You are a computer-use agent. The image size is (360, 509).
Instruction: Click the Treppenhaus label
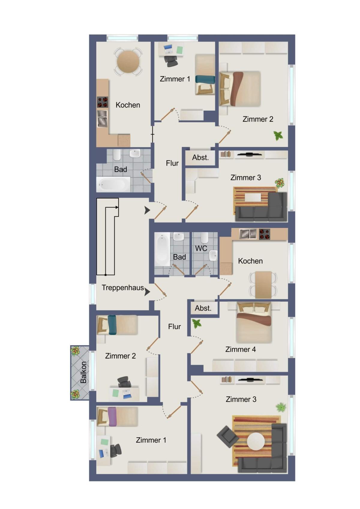click(123, 288)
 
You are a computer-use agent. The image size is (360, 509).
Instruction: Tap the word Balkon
click(83, 372)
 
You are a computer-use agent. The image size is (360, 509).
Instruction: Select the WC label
click(201, 248)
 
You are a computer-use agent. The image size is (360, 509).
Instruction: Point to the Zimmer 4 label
click(241, 349)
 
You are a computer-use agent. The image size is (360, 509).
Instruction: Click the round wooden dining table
click(128, 61)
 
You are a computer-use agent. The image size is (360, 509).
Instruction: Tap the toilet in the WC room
click(204, 238)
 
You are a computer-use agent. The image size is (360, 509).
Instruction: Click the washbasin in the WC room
click(213, 256)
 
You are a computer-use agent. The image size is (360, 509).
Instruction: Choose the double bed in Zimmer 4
click(254, 322)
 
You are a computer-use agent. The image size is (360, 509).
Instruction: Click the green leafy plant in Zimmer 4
click(196, 324)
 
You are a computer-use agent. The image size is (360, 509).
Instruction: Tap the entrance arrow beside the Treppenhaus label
click(147, 292)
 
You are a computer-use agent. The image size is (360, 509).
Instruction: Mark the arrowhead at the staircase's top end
click(117, 207)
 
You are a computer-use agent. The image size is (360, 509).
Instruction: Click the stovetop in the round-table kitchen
click(103, 102)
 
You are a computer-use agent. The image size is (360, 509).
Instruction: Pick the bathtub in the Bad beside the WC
click(162, 249)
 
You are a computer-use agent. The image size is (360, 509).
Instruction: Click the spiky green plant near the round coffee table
click(281, 407)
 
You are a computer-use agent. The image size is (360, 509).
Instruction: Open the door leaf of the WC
click(200, 270)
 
